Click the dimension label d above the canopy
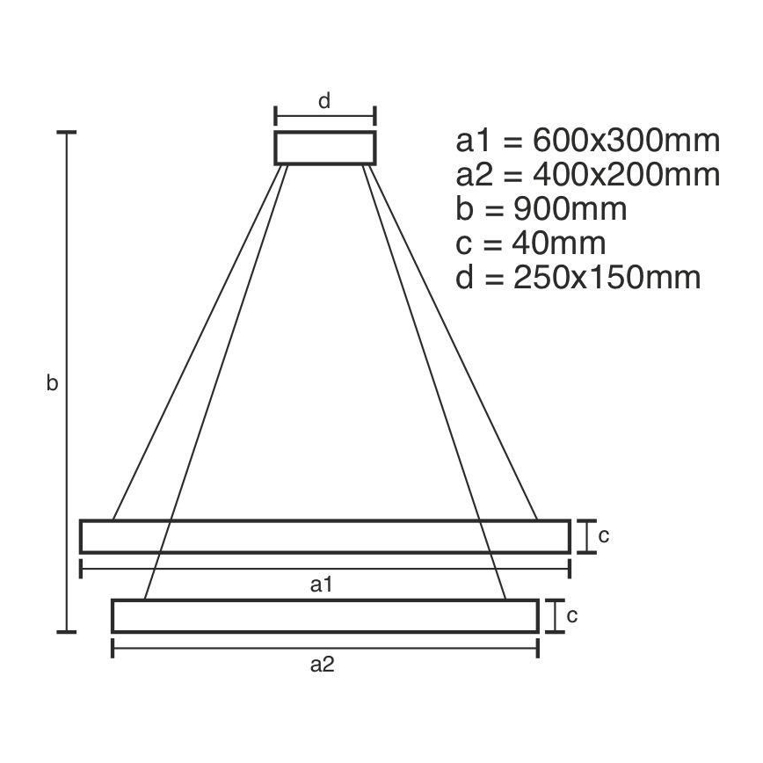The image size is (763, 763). (x=323, y=101)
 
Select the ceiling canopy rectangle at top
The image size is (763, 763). (x=325, y=148)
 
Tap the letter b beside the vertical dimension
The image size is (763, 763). (x=53, y=383)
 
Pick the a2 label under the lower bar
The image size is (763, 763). (x=323, y=665)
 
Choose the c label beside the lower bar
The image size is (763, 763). (x=571, y=616)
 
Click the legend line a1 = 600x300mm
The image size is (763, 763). (x=587, y=141)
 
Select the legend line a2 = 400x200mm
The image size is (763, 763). (x=587, y=175)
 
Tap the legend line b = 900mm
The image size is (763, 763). (x=541, y=209)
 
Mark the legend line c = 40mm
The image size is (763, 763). (x=531, y=243)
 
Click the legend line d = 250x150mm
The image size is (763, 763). (x=578, y=278)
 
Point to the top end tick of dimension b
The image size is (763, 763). (x=67, y=133)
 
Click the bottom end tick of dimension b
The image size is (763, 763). (x=67, y=631)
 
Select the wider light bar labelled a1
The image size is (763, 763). (x=325, y=536)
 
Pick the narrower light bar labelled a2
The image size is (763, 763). (x=325, y=615)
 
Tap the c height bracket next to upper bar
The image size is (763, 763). (x=585, y=536)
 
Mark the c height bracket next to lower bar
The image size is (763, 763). (x=554, y=615)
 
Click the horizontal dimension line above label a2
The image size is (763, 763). (x=325, y=648)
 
